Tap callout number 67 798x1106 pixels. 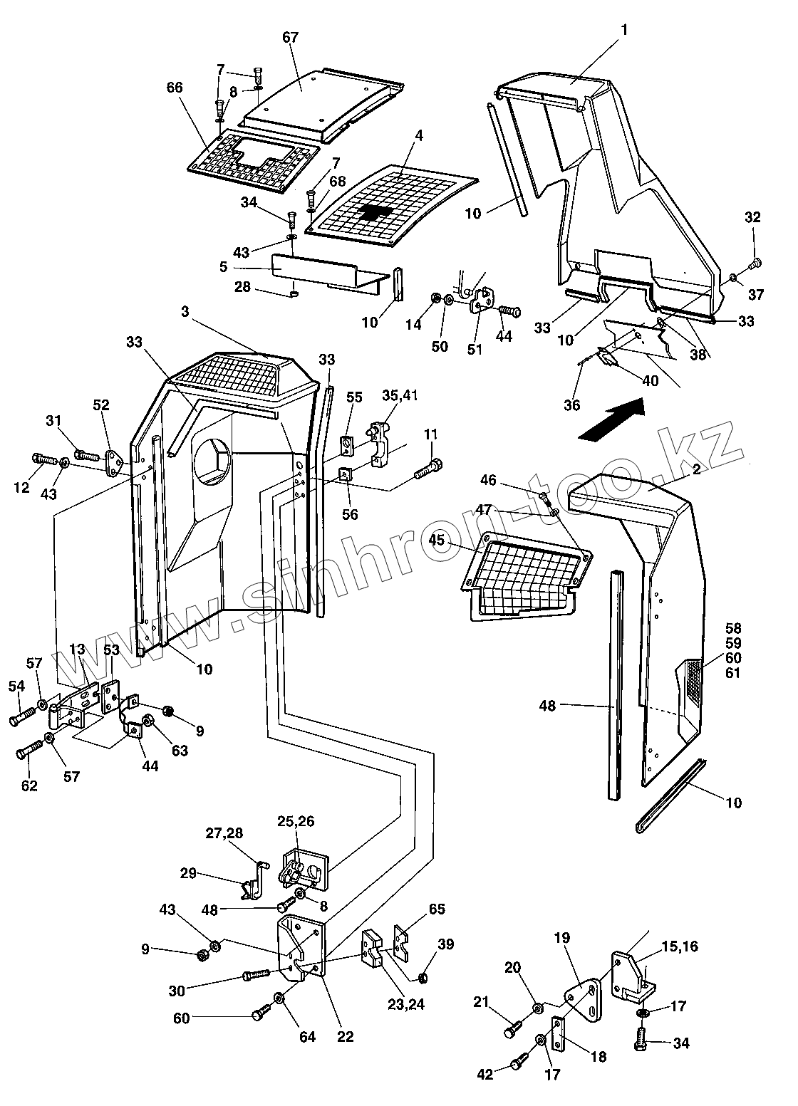click(291, 38)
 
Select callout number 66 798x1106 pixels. click(175, 88)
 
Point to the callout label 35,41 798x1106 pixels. click(399, 395)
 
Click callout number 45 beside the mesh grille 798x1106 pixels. click(436, 540)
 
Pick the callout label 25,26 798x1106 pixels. click(296, 821)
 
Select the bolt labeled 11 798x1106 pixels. click(429, 469)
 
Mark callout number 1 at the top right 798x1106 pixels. click(624, 30)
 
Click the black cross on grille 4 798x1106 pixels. click(375, 212)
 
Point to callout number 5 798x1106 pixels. click(223, 267)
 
